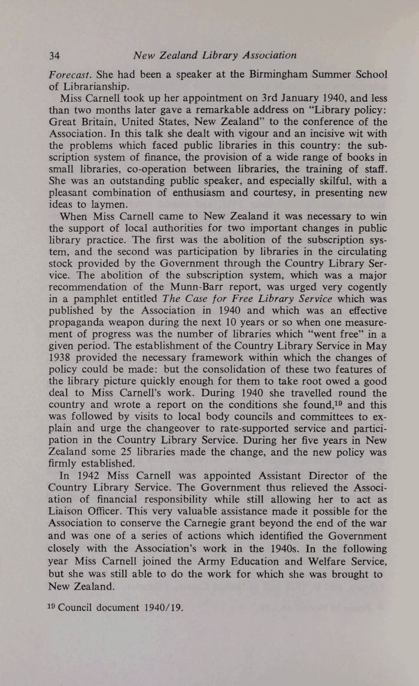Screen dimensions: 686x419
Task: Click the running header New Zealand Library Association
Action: pos(215,56)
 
